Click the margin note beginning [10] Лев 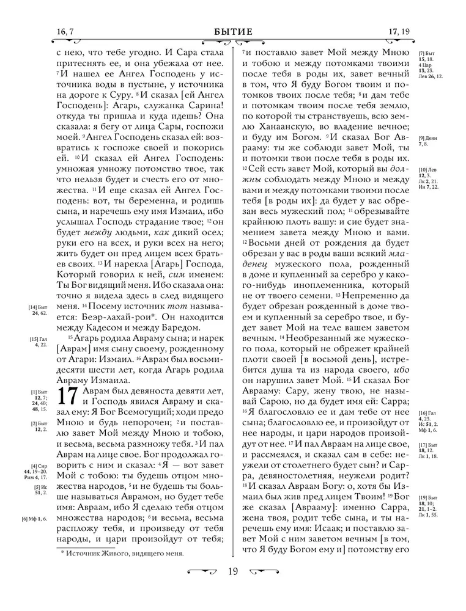[429, 178]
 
